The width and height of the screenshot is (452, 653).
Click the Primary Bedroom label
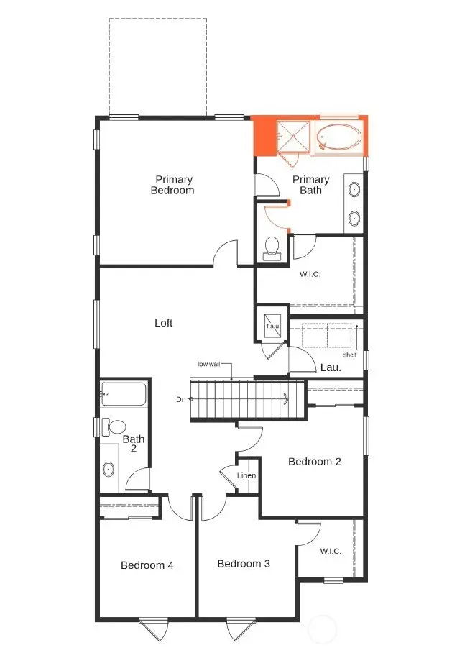coord(172,185)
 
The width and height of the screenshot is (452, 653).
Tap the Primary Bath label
coord(311,185)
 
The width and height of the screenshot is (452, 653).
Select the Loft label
coord(164,323)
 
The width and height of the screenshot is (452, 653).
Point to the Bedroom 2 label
coord(314,461)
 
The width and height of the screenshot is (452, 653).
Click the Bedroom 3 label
coord(244,563)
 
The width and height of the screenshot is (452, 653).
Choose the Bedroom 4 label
coord(147,565)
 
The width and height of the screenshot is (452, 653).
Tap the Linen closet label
coord(246,475)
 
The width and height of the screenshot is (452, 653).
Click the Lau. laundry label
coord(331,367)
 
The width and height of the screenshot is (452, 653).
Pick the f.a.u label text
coord(272,326)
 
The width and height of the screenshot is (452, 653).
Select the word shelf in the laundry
coord(350,354)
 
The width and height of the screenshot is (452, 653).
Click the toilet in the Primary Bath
coord(272,246)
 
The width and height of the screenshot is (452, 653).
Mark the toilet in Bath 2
coord(113,426)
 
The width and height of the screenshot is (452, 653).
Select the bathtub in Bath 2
coord(124,393)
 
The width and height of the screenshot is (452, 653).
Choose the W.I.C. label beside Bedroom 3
coord(330,551)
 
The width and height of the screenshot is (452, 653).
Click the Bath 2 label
coord(134,444)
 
